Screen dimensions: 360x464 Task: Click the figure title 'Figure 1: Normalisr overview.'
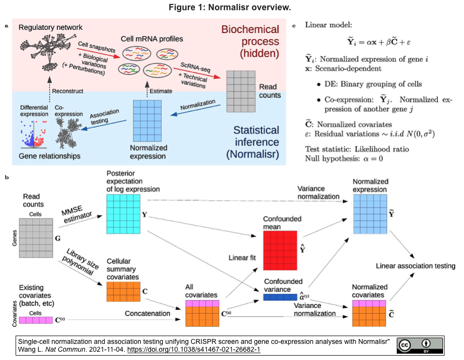pos(232,8)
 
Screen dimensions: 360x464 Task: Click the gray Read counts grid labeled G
pos(36,240)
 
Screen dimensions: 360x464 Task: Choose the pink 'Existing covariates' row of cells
pos(36,320)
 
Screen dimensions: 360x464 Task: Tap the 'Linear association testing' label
pos(415,266)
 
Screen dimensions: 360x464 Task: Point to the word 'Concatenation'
pos(148,313)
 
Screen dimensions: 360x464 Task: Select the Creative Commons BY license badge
pos(419,345)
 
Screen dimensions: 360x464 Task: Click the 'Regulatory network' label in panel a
pos(51,27)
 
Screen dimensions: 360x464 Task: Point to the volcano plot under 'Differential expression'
pos(34,133)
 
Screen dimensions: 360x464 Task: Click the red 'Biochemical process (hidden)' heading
pos(250,41)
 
